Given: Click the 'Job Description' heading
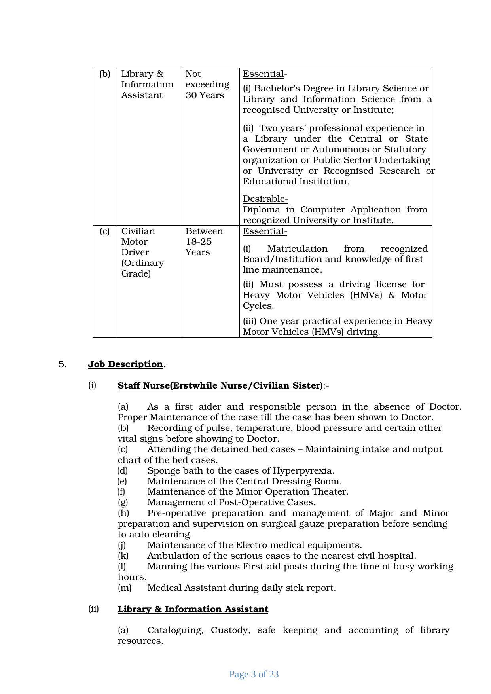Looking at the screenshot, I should tap(125, 364).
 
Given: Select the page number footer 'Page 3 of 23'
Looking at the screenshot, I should tap(254, 674).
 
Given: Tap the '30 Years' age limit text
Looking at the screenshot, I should tap(205, 95).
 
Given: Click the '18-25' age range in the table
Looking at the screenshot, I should tap(199, 241).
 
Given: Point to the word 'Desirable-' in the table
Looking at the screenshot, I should tap(265, 199).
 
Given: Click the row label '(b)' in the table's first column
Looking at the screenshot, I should tap(105, 74).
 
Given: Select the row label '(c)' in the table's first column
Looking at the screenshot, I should tap(105, 231).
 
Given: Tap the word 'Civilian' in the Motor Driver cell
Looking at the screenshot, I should tap(138, 231).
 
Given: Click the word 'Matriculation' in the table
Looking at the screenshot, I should tap(298, 248).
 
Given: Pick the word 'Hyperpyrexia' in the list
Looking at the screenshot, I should tap(303, 470).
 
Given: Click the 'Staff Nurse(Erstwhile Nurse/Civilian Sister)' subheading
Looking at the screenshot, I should tap(219, 385).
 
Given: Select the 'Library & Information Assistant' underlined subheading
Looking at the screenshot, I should tap(193, 609).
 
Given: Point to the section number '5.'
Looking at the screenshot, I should tap(63, 364).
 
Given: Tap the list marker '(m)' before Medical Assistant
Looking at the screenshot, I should tap(125, 588).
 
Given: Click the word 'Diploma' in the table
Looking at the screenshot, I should tap(261, 209).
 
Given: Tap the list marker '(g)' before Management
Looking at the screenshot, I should tap(123, 502).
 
